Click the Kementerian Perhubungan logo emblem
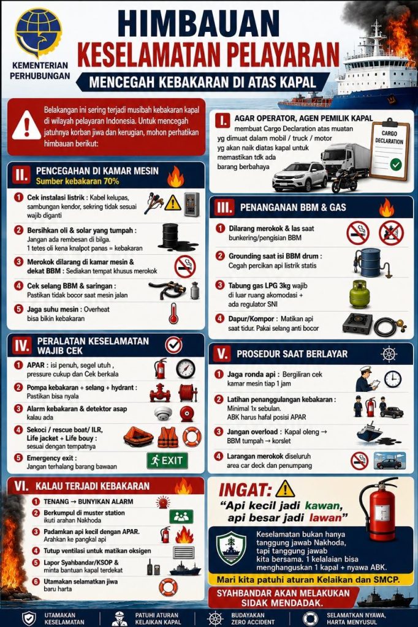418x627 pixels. [39, 33]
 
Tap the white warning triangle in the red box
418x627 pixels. [26, 126]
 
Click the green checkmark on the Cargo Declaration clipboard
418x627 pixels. [395, 164]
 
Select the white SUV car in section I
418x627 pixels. [300, 176]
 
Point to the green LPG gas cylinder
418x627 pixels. [359, 294]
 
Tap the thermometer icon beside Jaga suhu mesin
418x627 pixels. [173, 313]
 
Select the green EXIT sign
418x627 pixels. [167, 460]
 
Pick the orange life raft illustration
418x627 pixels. [139, 437]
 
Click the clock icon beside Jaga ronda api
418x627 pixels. [392, 379]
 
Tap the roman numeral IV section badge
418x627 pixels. [21, 345]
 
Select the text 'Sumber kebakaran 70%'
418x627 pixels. [77, 181]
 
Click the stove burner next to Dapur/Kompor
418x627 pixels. [357, 323]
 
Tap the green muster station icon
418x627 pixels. [181, 517]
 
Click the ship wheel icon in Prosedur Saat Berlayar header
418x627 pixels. [389, 354]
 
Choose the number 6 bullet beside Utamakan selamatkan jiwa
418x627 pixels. [36, 582]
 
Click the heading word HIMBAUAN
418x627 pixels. [198, 24]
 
